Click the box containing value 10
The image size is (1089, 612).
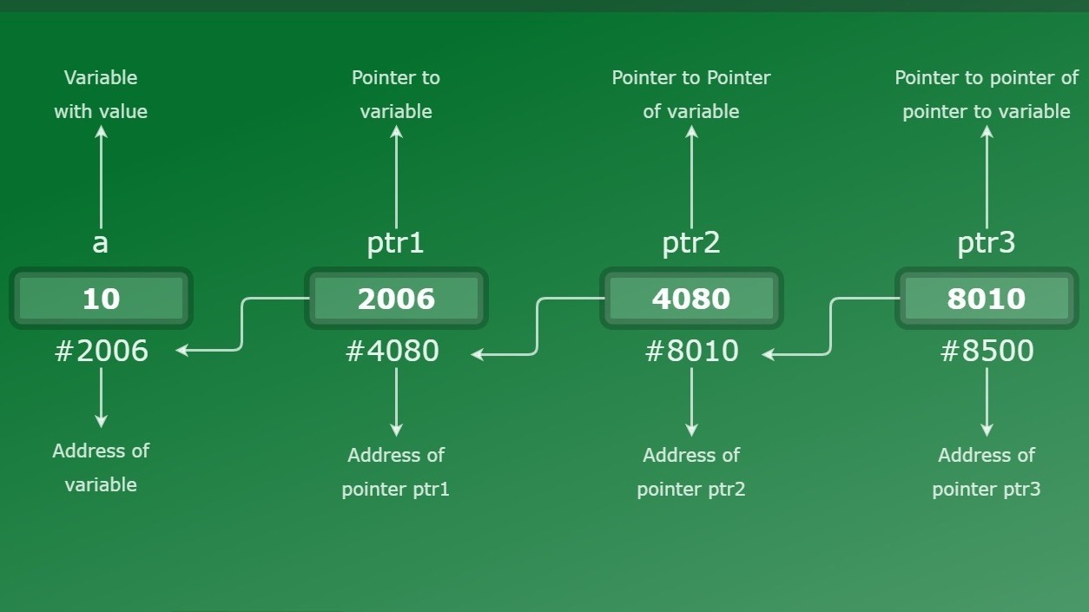point(101,298)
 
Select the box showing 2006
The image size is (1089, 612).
point(396,298)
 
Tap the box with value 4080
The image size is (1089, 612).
point(691,298)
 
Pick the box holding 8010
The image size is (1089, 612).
point(987,298)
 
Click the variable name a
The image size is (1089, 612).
point(100,243)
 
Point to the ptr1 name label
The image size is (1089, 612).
point(396,243)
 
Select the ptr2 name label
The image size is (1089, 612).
point(691,243)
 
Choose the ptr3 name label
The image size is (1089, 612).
point(986,243)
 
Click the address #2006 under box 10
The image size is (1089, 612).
point(101,351)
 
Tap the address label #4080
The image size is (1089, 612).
point(392,351)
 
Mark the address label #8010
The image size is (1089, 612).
point(691,351)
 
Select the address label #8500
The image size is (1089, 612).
point(987,351)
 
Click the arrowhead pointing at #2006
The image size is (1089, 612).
point(181,350)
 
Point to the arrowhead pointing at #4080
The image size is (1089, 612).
point(477,354)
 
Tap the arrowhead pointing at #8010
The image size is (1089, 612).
point(767,354)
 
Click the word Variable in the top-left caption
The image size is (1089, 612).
point(101,78)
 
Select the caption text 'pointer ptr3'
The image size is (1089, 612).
point(987,489)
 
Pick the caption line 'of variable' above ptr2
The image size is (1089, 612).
point(691,112)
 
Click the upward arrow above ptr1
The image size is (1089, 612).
point(396,177)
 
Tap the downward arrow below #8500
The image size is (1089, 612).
point(987,402)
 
